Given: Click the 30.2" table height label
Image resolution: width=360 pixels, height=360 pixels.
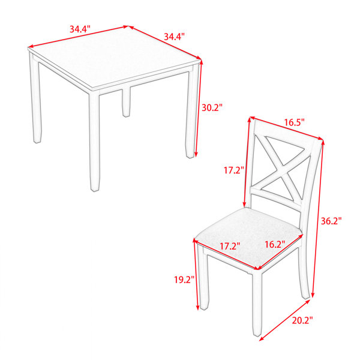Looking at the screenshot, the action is (212, 107).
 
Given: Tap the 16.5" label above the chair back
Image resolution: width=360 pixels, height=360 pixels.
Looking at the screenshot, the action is (295, 122).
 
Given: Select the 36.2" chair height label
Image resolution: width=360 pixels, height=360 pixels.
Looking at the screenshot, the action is (331, 221).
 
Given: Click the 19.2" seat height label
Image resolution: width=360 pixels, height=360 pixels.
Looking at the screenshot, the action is (184, 280).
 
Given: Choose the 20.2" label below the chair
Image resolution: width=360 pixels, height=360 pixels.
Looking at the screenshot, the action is (302, 320).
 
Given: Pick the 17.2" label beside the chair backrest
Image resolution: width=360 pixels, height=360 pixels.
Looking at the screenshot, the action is (234, 170).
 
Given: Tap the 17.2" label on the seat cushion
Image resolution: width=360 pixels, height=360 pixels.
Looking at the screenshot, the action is (230, 246).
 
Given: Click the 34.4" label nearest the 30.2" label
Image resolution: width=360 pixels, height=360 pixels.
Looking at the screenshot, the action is (174, 37).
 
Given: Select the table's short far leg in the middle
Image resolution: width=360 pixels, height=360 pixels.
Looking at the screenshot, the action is (126, 102).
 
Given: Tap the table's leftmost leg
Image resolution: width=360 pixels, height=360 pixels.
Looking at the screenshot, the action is (35, 99).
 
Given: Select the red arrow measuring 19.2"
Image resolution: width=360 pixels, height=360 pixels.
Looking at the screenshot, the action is (196, 274).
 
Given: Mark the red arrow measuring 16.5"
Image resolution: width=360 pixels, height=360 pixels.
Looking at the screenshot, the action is (287, 128).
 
